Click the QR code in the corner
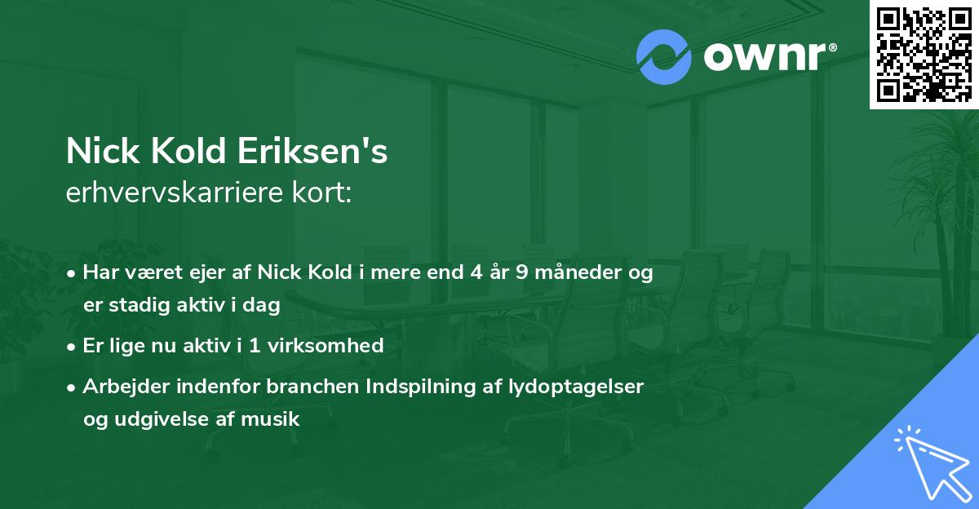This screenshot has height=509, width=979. click(x=924, y=54)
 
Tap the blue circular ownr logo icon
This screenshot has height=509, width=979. click(x=664, y=55)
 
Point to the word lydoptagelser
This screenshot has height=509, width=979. click(x=579, y=386)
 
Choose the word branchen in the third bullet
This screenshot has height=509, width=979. click(x=299, y=386)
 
